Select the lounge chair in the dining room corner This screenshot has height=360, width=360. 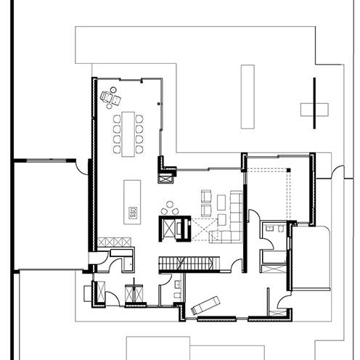click(x=111, y=96)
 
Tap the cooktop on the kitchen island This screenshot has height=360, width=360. click(x=133, y=213)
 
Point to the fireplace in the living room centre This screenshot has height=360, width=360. click(x=175, y=228)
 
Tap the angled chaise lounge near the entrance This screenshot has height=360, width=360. click(x=206, y=305)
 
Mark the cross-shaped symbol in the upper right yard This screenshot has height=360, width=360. click(x=314, y=108)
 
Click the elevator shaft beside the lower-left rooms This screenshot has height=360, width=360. click(x=134, y=293)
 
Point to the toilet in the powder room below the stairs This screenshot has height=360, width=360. click(x=177, y=295)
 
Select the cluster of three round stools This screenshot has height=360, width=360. click(x=170, y=208)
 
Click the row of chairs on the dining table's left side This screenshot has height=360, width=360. click(x=117, y=132)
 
